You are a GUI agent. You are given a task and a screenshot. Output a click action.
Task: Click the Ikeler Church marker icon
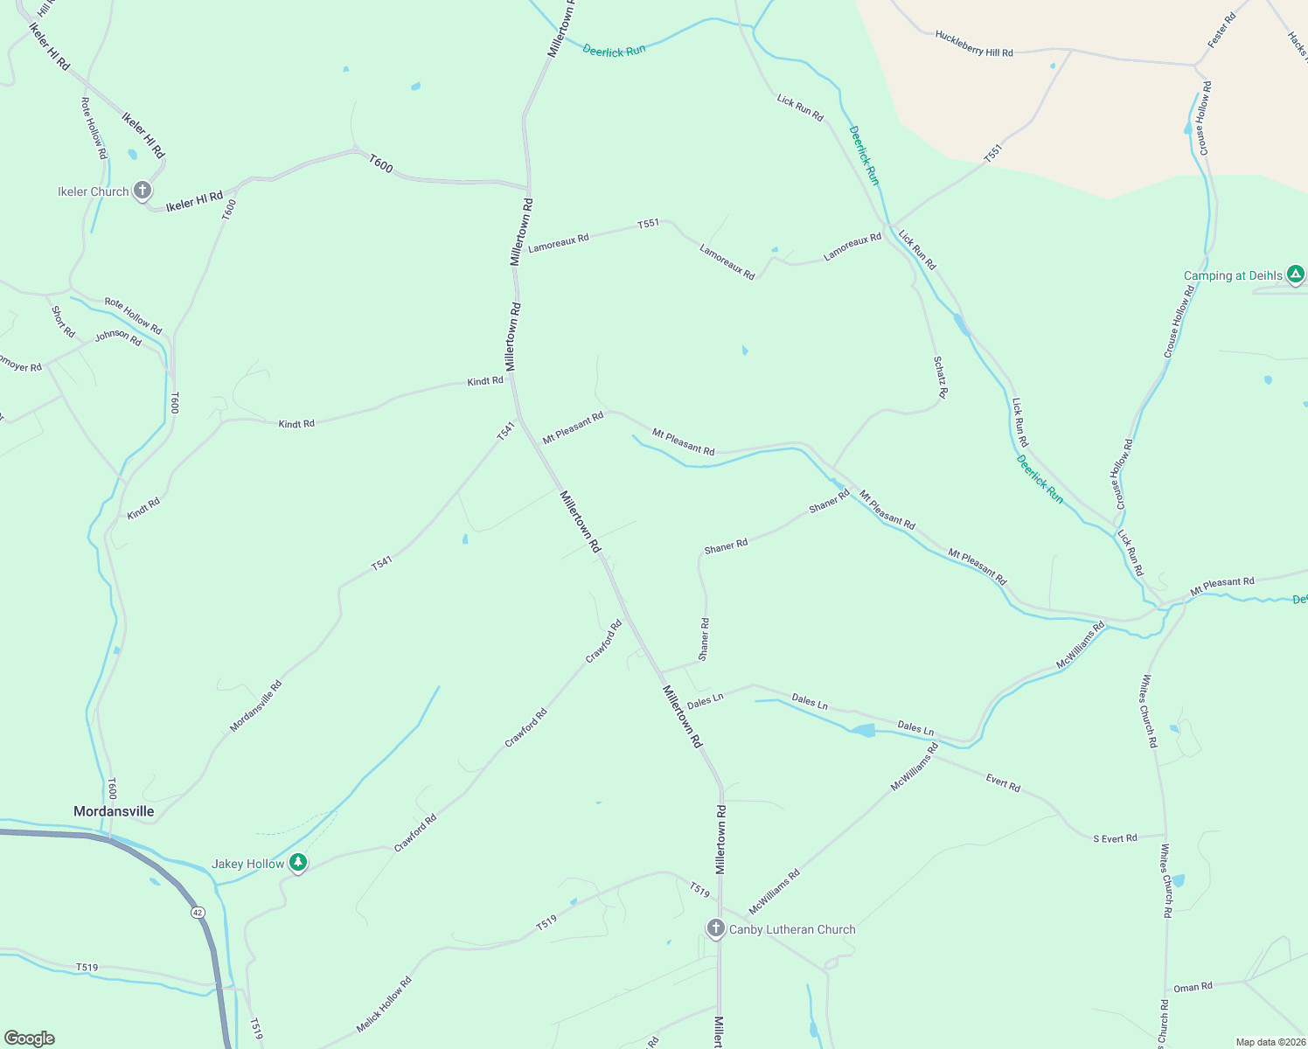[x=143, y=191]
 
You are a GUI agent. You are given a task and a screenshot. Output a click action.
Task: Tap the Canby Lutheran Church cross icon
[x=716, y=928]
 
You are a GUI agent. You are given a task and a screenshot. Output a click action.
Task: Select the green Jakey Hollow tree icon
[x=298, y=864]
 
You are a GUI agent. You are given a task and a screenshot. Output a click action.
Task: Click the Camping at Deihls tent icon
[x=1296, y=275]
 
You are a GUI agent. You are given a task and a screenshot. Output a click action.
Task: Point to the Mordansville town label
[x=114, y=811]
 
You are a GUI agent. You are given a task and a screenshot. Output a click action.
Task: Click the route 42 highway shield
[x=198, y=913]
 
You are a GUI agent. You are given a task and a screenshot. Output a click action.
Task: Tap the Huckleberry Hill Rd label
[x=974, y=45]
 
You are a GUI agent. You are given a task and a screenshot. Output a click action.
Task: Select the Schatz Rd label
[x=940, y=377]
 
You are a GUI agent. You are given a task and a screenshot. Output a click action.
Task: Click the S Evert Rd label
[x=1115, y=838]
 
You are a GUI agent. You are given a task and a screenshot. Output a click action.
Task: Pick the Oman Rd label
[x=1193, y=987]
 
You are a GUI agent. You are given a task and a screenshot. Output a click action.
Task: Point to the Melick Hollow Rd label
[x=384, y=1004]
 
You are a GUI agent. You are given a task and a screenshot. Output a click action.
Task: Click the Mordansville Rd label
[x=256, y=706]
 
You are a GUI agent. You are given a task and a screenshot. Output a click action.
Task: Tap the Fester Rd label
[x=1221, y=31]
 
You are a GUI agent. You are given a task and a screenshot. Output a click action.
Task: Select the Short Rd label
[x=63, y=322]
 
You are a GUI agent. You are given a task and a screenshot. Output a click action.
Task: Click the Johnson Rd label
[x=118, y=337]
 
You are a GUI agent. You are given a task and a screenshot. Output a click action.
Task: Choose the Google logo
[x=29, y=1039]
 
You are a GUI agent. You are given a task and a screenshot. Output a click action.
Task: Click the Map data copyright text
[x=1270, y=1042]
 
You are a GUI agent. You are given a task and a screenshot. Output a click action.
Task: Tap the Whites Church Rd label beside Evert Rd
[x=1148, y=711]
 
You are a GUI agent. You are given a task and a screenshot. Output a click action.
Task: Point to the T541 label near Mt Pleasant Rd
[x=506, y=431]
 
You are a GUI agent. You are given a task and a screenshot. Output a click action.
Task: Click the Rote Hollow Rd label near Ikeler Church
[x=94, y=128]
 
